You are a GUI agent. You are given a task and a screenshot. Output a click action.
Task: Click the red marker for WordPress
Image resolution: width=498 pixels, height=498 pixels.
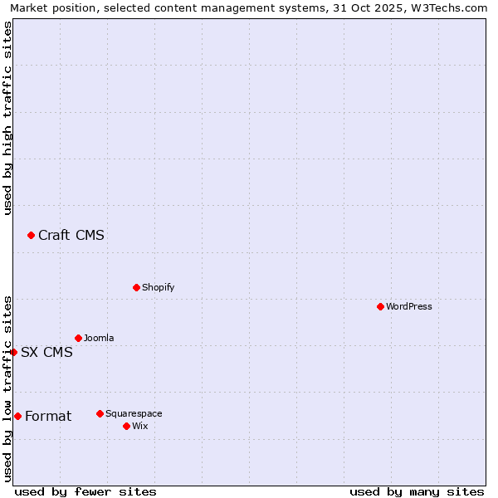[x=380, y=306]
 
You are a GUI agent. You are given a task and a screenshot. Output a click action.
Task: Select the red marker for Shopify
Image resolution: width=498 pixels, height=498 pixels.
[x=136, y=287]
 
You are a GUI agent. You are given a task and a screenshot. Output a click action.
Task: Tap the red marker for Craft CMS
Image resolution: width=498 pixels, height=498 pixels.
[x=31, y=235]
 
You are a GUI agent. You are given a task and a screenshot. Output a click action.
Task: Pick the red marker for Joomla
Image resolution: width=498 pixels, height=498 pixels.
[x=78, y=338]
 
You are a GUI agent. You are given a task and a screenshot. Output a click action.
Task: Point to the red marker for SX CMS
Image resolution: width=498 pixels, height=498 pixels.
[x=13, y=352]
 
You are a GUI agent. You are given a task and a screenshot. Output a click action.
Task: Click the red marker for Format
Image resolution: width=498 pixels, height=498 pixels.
[x=17, y=416]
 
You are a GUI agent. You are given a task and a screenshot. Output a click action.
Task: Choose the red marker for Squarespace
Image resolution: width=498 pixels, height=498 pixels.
[x=100, y=413]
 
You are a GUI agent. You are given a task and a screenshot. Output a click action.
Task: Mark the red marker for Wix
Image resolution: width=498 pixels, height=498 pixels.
[x=126, y=426]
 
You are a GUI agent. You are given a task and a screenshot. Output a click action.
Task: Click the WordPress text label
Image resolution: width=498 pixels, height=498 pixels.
[x=409, y=306]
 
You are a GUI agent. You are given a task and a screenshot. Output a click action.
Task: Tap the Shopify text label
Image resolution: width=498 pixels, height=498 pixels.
[x=158, y=287]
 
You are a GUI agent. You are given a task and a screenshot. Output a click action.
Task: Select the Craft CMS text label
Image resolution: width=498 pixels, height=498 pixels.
[x=71, y=235]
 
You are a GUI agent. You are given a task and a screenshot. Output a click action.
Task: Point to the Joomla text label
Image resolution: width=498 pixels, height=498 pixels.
[x=99, y=338]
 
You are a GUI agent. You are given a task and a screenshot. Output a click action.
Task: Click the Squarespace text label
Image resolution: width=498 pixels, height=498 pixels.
[x=134, y=413]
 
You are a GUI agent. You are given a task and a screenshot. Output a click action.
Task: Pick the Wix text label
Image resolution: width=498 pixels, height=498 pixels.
[x=139, y=426]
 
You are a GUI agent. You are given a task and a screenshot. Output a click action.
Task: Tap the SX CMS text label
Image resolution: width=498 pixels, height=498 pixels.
[x=46, y=352]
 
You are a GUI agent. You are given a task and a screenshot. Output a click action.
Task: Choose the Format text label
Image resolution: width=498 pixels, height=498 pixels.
[x=48, y=416]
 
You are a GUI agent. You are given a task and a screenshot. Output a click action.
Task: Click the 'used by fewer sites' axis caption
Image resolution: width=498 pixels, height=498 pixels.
[x=85, y=491]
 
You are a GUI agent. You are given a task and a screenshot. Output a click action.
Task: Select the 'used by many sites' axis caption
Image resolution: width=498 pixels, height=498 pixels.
[x=417, y=491]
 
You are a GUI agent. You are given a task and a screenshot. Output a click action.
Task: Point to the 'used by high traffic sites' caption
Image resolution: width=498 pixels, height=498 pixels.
[x=8, y=118]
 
